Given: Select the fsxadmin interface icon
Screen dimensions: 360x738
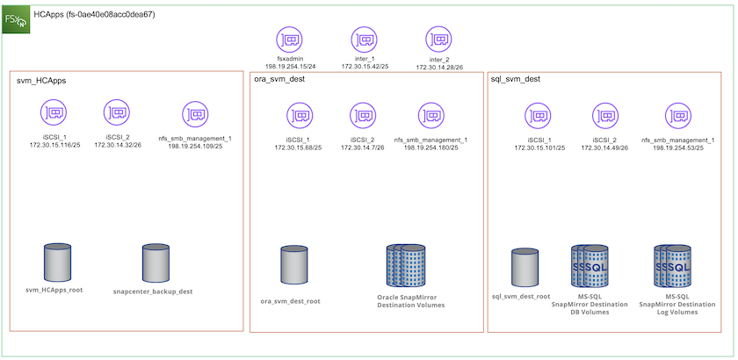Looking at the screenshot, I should [x=289, y=40].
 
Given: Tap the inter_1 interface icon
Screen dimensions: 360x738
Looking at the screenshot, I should [x=364, y=40].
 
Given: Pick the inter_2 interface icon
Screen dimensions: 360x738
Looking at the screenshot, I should [x=438, y=40].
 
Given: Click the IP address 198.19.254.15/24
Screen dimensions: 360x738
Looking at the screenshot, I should [x=290, y=66].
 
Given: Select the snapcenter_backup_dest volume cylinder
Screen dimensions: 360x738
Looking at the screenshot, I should [x=155, y=262].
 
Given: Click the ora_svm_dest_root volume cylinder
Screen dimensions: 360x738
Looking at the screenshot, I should [x=293, y=264].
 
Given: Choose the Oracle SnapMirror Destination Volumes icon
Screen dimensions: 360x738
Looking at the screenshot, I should [x=405, y=266].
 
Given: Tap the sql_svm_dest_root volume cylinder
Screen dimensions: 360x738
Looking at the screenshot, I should [x=524, y=267].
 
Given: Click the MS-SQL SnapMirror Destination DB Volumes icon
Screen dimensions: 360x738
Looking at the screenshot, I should [x=590, y=266].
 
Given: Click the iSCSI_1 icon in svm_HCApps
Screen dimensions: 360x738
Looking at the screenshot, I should [x=54, y=112].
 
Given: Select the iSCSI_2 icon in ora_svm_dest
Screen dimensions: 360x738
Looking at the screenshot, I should [x=363, y=116].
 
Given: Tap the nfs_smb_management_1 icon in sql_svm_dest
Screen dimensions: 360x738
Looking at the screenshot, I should [x=676, y=116].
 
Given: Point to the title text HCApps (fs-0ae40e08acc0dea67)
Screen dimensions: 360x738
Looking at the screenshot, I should [x=94, y=14].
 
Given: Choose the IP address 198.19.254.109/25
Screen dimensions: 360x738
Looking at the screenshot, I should [x=195, y=146].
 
